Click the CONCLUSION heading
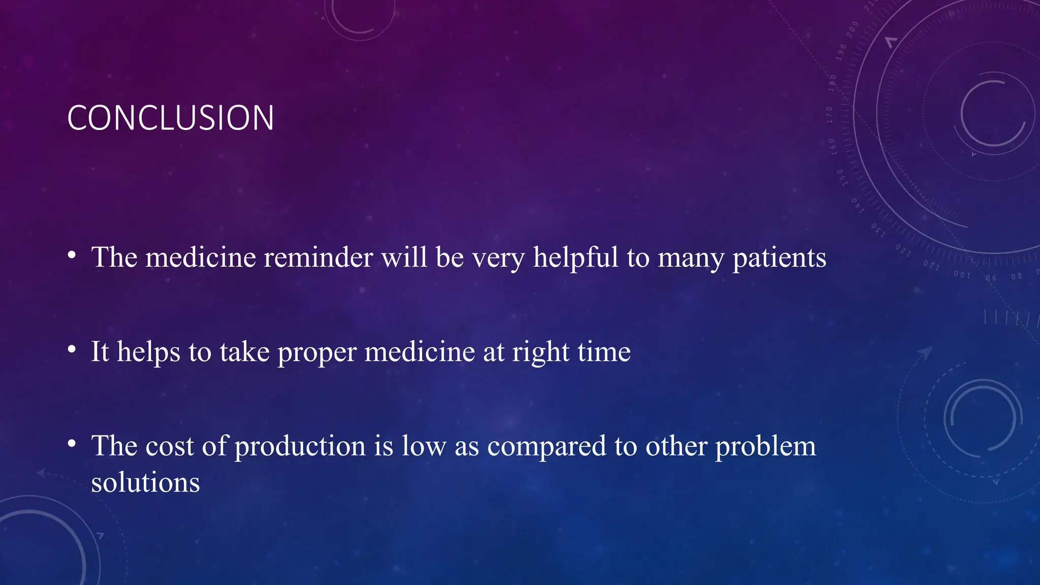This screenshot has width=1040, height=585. click(x=171, y=118)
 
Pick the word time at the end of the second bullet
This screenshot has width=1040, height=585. click(x=604, y=352)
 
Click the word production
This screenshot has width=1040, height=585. click(x=300, y=447)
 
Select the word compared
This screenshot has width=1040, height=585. click(x=546, y=447)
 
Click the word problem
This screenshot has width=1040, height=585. click(x=765, y=447)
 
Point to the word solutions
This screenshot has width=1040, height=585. click(x=145, y=482)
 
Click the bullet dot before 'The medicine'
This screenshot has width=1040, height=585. click(x=72, y=254)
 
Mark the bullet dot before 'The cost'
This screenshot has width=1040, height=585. click(x=72, y=443)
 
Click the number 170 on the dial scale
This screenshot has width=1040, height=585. click(x=829, y=115)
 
